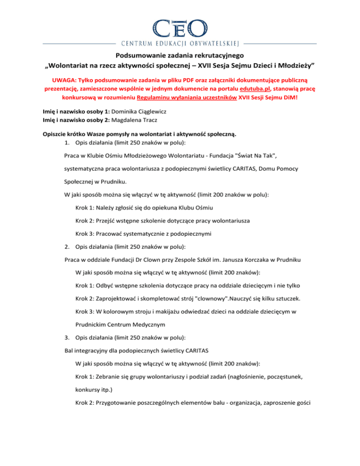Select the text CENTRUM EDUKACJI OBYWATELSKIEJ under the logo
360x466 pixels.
click(x=180, y=44)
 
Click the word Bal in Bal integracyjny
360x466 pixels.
click(x=69, y=351)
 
